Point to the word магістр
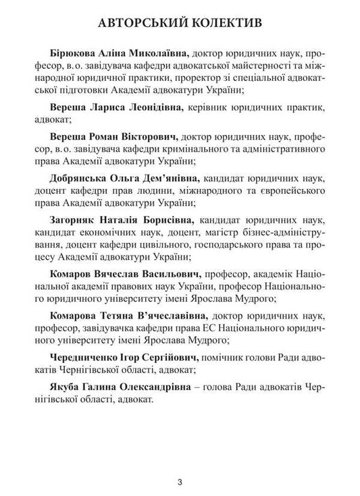181,233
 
